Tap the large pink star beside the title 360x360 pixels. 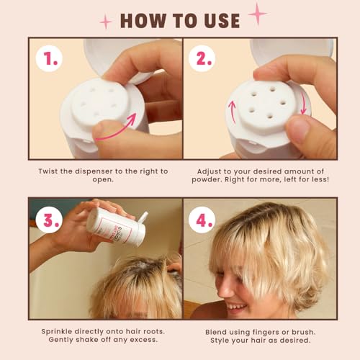[256, 13]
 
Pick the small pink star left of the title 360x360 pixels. [106, 22]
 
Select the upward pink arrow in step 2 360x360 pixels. [232, 112]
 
